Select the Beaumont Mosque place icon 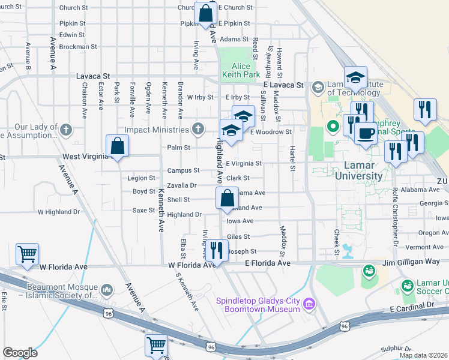tap(108, 291)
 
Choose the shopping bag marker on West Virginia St tap(118, 146)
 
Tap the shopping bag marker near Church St tap(205, 13)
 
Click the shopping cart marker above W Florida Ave tap(28, 254)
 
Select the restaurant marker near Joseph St tap(216, 250)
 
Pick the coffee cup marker tap(365, 133)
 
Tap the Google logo tap(20, 353)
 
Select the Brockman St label tap(78, 46)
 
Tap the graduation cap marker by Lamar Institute tap(355, 77)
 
